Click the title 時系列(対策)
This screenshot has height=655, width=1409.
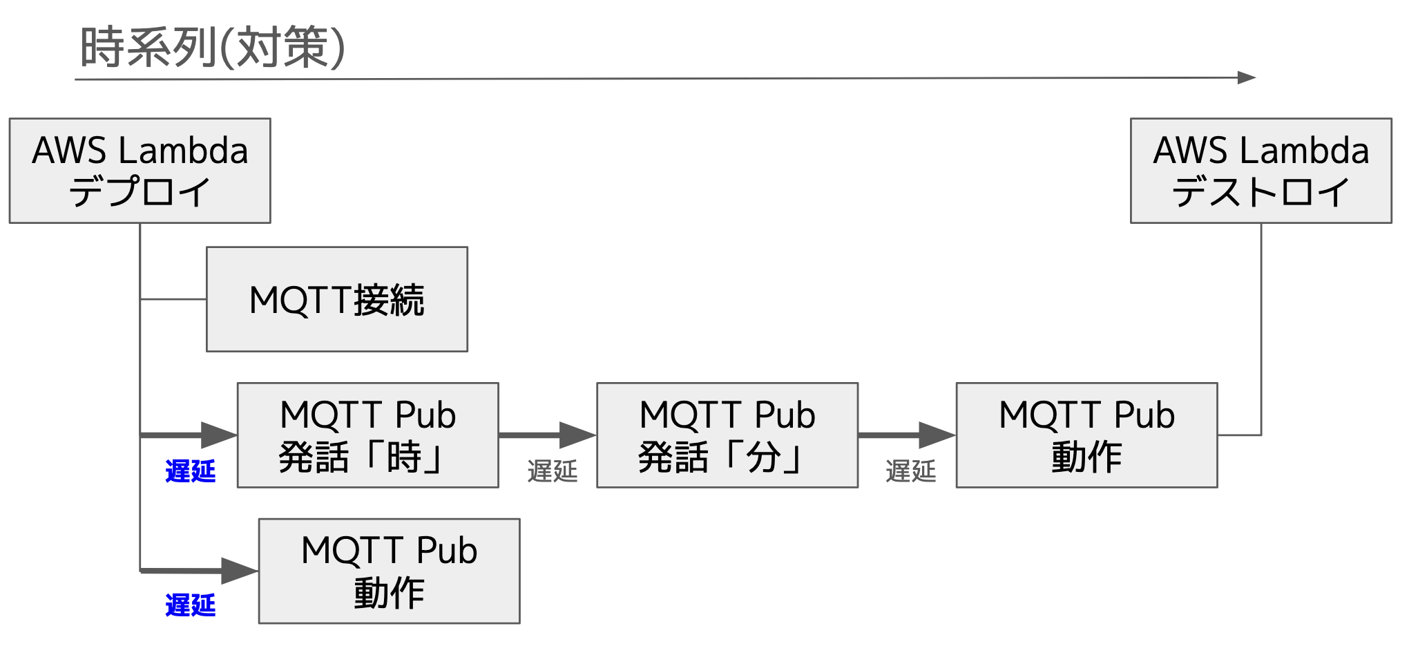coord(213,47)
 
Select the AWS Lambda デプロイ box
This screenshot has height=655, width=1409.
coord(140,171)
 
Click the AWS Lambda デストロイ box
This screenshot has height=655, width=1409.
coord(1261,171)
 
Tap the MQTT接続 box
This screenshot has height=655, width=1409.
coord(337,299)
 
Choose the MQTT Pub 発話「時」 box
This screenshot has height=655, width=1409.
coord(367,435)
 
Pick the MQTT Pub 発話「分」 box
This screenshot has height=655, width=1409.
coord(727,435)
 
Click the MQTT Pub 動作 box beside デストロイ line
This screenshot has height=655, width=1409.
coord(1086,435)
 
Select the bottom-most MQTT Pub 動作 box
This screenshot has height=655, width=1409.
coord(389,571)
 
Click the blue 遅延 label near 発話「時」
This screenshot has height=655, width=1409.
coord(191,471)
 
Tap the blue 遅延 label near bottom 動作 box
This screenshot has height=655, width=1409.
coord(191,605)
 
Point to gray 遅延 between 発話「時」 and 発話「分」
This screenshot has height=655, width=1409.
coord(552,471)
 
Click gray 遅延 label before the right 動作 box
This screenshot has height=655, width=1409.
coord(910,471)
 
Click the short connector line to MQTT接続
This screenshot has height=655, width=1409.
coord(173,299)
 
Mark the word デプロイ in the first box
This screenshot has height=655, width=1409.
coord(140,191)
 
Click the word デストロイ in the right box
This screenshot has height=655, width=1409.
coord(1261,191)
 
